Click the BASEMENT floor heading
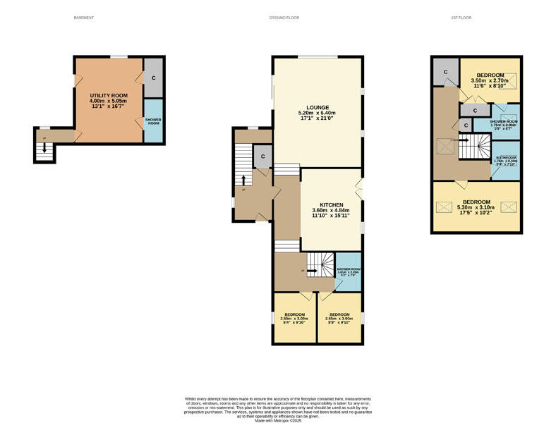tap(84, 18)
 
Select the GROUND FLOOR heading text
tap(284, 18)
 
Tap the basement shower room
tap(153, 121)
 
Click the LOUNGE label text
tap(317, 107)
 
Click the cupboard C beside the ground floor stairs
tap(262, 157)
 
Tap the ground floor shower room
tap(349, 271)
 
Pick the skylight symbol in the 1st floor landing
tap(445, 145)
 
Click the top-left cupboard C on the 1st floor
tap(445, 71)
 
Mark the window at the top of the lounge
tap(317, 57)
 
